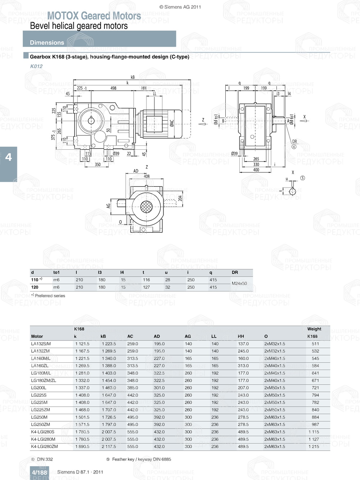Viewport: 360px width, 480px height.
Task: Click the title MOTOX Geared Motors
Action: [x=94, y=16]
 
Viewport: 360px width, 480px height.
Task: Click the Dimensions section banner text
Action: [x=47, y=42]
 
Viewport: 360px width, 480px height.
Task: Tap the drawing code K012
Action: [x=36, y=66]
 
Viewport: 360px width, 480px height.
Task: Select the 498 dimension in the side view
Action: [x=113, y=88]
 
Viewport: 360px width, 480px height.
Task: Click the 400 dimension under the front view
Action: [x=256, y=170]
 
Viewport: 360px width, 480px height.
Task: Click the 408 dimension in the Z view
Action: [x=147, y=176]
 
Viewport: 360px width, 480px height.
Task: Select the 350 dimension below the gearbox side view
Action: [x=98, y=164]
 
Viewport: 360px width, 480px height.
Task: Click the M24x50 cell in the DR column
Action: [x=239, y=284]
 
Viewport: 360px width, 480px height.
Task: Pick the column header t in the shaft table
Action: [x=143, y=272]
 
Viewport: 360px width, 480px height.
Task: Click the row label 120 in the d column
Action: [x=35, y=287]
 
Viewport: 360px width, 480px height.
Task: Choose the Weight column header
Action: [x=314, y=329]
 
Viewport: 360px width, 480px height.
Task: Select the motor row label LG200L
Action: [x=39, y=388]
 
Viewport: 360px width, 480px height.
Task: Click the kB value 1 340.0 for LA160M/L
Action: [x=109, y=358]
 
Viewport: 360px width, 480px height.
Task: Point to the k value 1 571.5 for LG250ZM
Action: [x=82, y=425]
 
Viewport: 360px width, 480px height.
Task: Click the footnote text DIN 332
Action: [x=45, y=459]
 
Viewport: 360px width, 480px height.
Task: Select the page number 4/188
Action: [x=39, y=472]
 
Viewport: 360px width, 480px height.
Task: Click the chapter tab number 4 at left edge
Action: [x=8, y=157]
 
